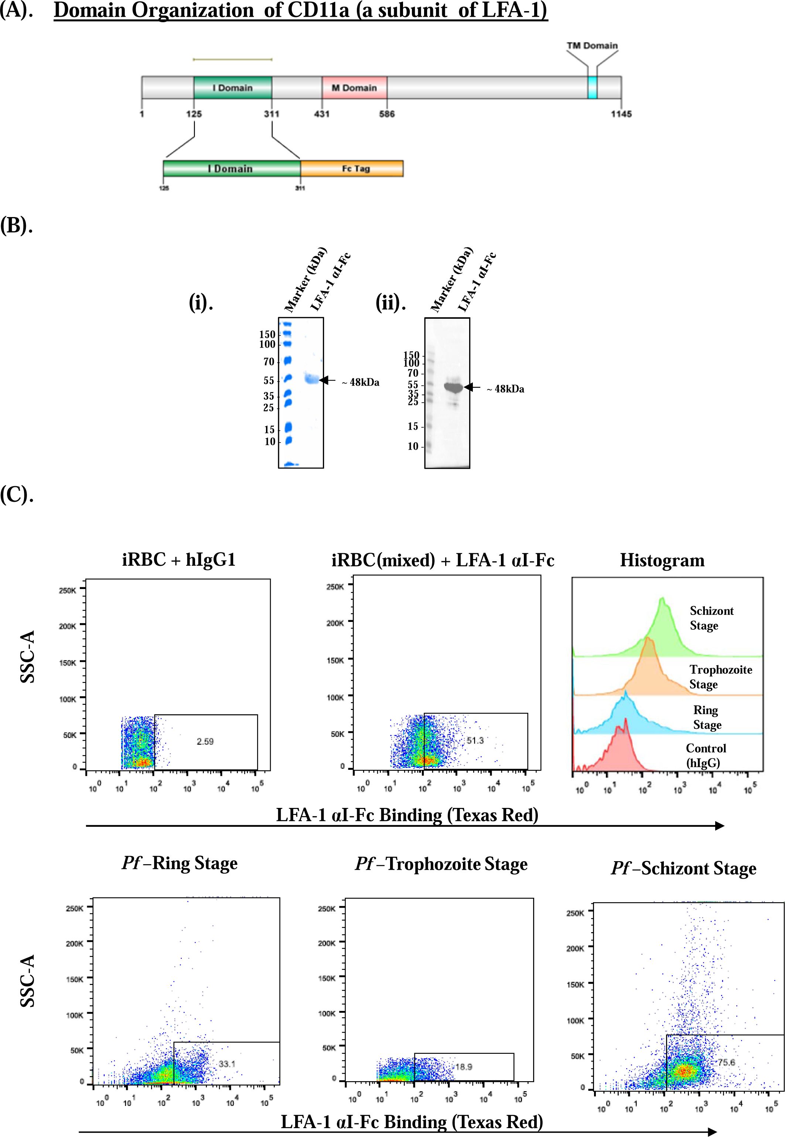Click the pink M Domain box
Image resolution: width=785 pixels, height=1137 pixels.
coord(354,88)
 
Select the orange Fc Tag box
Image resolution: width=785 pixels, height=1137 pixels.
coord(352,168)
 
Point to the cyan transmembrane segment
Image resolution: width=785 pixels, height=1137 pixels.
coord(592,88)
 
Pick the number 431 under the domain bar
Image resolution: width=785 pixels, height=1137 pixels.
coord(322,114)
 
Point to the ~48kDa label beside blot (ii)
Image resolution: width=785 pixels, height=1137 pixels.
coord(506,389)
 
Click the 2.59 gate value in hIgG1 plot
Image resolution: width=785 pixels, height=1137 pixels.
coord(205,741)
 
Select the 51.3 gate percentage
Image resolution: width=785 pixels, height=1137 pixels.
coord(475,740)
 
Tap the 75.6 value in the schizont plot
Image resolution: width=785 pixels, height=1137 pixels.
coord(726,1062)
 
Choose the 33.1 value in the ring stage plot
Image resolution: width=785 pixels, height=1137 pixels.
coord(227,1064)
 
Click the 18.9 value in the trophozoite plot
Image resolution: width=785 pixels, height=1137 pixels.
coord(463,1067)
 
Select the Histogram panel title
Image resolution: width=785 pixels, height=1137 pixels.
coord(662,560)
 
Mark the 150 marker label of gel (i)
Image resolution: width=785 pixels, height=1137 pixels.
coord(267,334)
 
